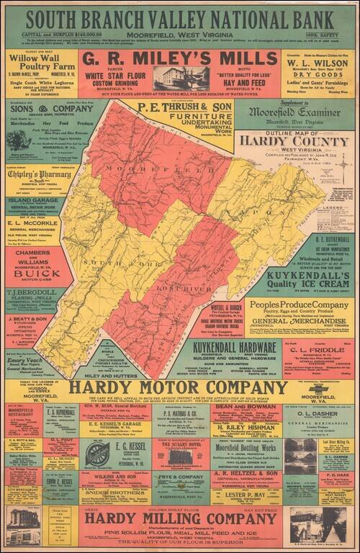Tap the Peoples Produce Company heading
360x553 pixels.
292,305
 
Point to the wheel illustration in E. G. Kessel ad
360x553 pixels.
98,454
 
